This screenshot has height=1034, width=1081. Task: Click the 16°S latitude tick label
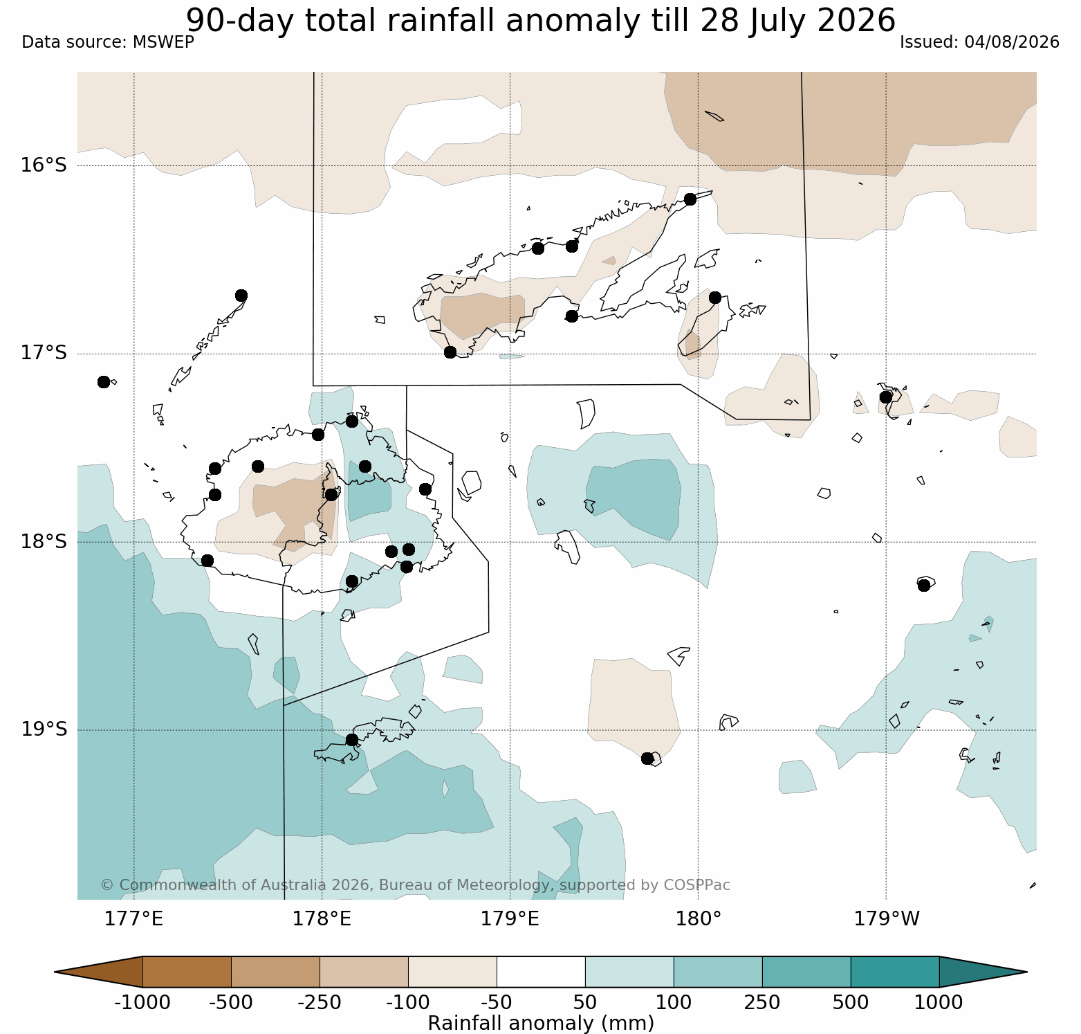coord(44,165)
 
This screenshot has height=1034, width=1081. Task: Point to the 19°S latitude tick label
coord(44,729)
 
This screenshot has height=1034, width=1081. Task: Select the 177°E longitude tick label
coord(133,919)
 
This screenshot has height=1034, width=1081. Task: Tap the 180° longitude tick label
coord(698,919)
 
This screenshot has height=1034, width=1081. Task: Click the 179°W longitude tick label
coord(887,919)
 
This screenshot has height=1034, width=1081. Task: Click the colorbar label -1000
coord(142,1002)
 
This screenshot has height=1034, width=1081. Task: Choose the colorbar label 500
coord(851,1002)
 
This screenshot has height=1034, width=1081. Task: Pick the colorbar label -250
coord(320,1002)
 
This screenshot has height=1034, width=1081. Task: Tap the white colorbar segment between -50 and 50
coord(541,972)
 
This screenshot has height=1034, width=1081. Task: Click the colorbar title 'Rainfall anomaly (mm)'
coord(541,1023)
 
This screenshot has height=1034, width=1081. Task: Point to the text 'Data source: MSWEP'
coord(108,42)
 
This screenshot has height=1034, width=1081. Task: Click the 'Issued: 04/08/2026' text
coord(979,42)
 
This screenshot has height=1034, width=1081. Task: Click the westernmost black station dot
coord(104,382)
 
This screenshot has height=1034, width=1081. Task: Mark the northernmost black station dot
coord(690,199)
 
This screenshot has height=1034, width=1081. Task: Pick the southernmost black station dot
coord(647,759)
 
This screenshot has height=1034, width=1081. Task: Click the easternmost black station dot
coord(923,586)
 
